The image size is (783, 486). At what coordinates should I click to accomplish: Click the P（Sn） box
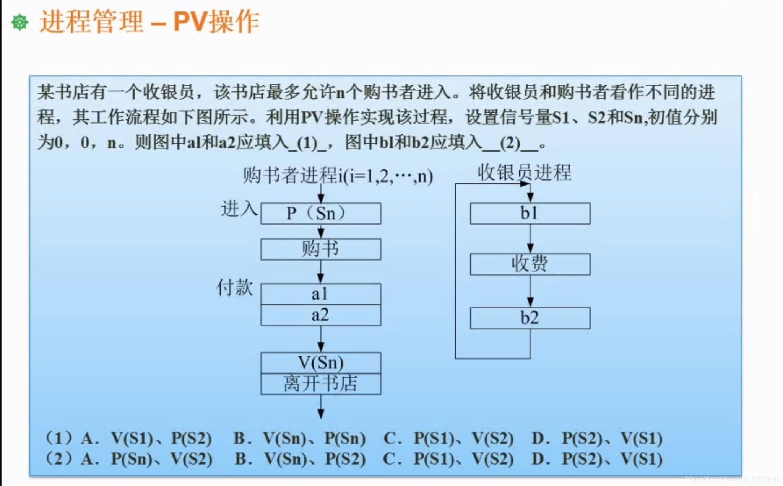pyautogui.click(x=321, y=214)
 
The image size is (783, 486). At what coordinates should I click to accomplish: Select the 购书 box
pyautogui.click(x=321, y=250)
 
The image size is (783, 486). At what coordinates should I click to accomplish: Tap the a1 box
pyautogui.click(x=321, y=294)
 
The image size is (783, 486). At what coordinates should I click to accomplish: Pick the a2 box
pyautogui.click(x=321, y=315)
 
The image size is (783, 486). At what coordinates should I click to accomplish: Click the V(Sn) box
pyautogui.click(x=321, y=362)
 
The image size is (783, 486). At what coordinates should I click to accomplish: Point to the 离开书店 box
pyautogui.click(x=321, y=384)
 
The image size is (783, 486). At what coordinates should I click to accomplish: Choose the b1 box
pyautogui.click(x=530, y=214)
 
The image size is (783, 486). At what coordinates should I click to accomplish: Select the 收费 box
pyautogui.click(x=530, y=264)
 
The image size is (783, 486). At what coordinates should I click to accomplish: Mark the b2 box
pyautogui.click(x=530, y=318)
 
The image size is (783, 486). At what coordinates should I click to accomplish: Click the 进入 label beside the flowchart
pyautogui.click(x=239, y=209)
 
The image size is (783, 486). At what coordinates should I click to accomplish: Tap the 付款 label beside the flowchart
pyautogui.click(x=235, y=287)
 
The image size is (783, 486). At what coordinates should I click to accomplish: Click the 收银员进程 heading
pyautogui.click(x=524, y=173)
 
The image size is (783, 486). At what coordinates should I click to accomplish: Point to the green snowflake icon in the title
pyautogui.click(x=20, y=23)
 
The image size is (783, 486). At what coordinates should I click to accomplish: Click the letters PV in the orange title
pyautogui.click(x=191, y=22)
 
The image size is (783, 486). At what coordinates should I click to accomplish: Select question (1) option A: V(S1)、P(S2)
pyautogui.click(x=161, y=439)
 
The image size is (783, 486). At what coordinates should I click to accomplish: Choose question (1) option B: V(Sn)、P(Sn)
pyautogui.click(x=314, y=439)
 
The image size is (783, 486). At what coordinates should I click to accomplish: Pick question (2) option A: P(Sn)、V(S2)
pyautogui.click(x=161, y=459)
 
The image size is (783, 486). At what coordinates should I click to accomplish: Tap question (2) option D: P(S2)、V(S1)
pyautogui.click(x=612, y=459)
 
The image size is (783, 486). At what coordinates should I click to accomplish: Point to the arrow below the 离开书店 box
pyautogui.click(x=321, y=407)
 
